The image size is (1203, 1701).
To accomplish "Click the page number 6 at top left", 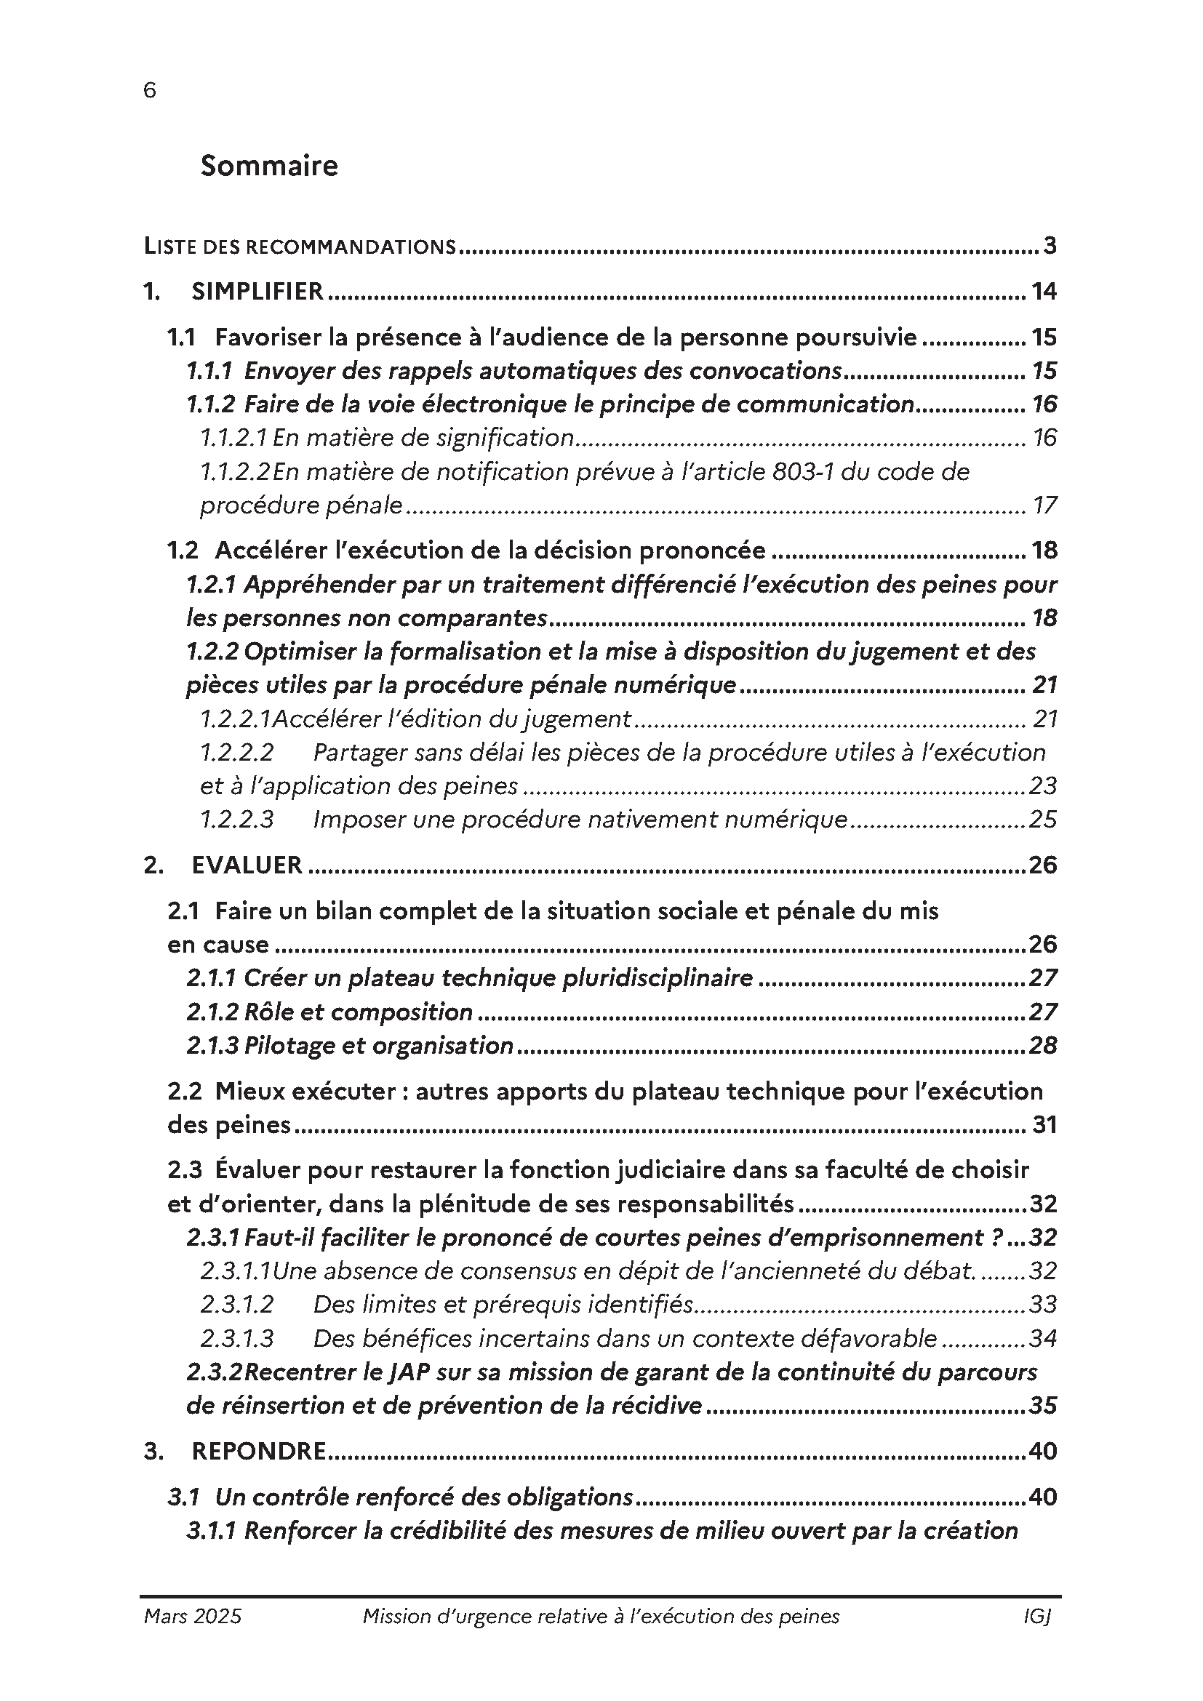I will pos(150,90).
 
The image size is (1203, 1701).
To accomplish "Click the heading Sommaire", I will pos(269,165).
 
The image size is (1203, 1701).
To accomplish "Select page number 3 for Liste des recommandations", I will pos(1049,246).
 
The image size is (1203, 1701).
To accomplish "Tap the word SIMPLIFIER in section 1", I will pos(257,291).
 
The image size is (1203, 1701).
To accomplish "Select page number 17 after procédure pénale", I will pos(1044,505).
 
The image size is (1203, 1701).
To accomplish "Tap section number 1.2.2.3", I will pos(236,820).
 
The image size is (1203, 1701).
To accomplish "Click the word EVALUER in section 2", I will pos(247,865).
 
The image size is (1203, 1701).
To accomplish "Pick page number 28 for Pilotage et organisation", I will pos(1042,1045).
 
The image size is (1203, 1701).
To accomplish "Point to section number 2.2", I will pos(184,1092).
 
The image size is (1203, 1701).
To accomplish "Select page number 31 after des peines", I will pos(1044,1124).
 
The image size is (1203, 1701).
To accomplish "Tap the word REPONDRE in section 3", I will pos(258,1451).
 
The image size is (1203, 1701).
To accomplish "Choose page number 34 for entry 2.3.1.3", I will pos(1042,1338).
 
